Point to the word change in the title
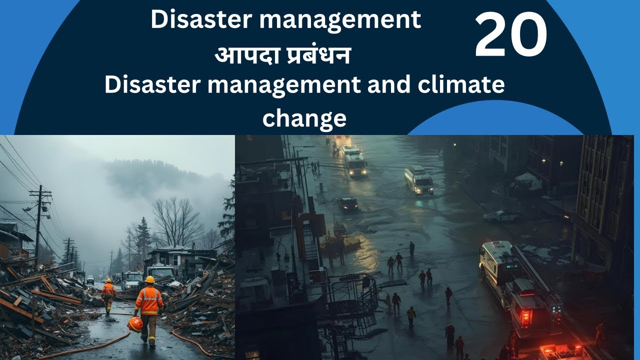pos(304,118)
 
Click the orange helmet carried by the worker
pos(135,324)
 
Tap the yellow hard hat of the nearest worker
pos(149,279)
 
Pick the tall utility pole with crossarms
pos(39,220)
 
